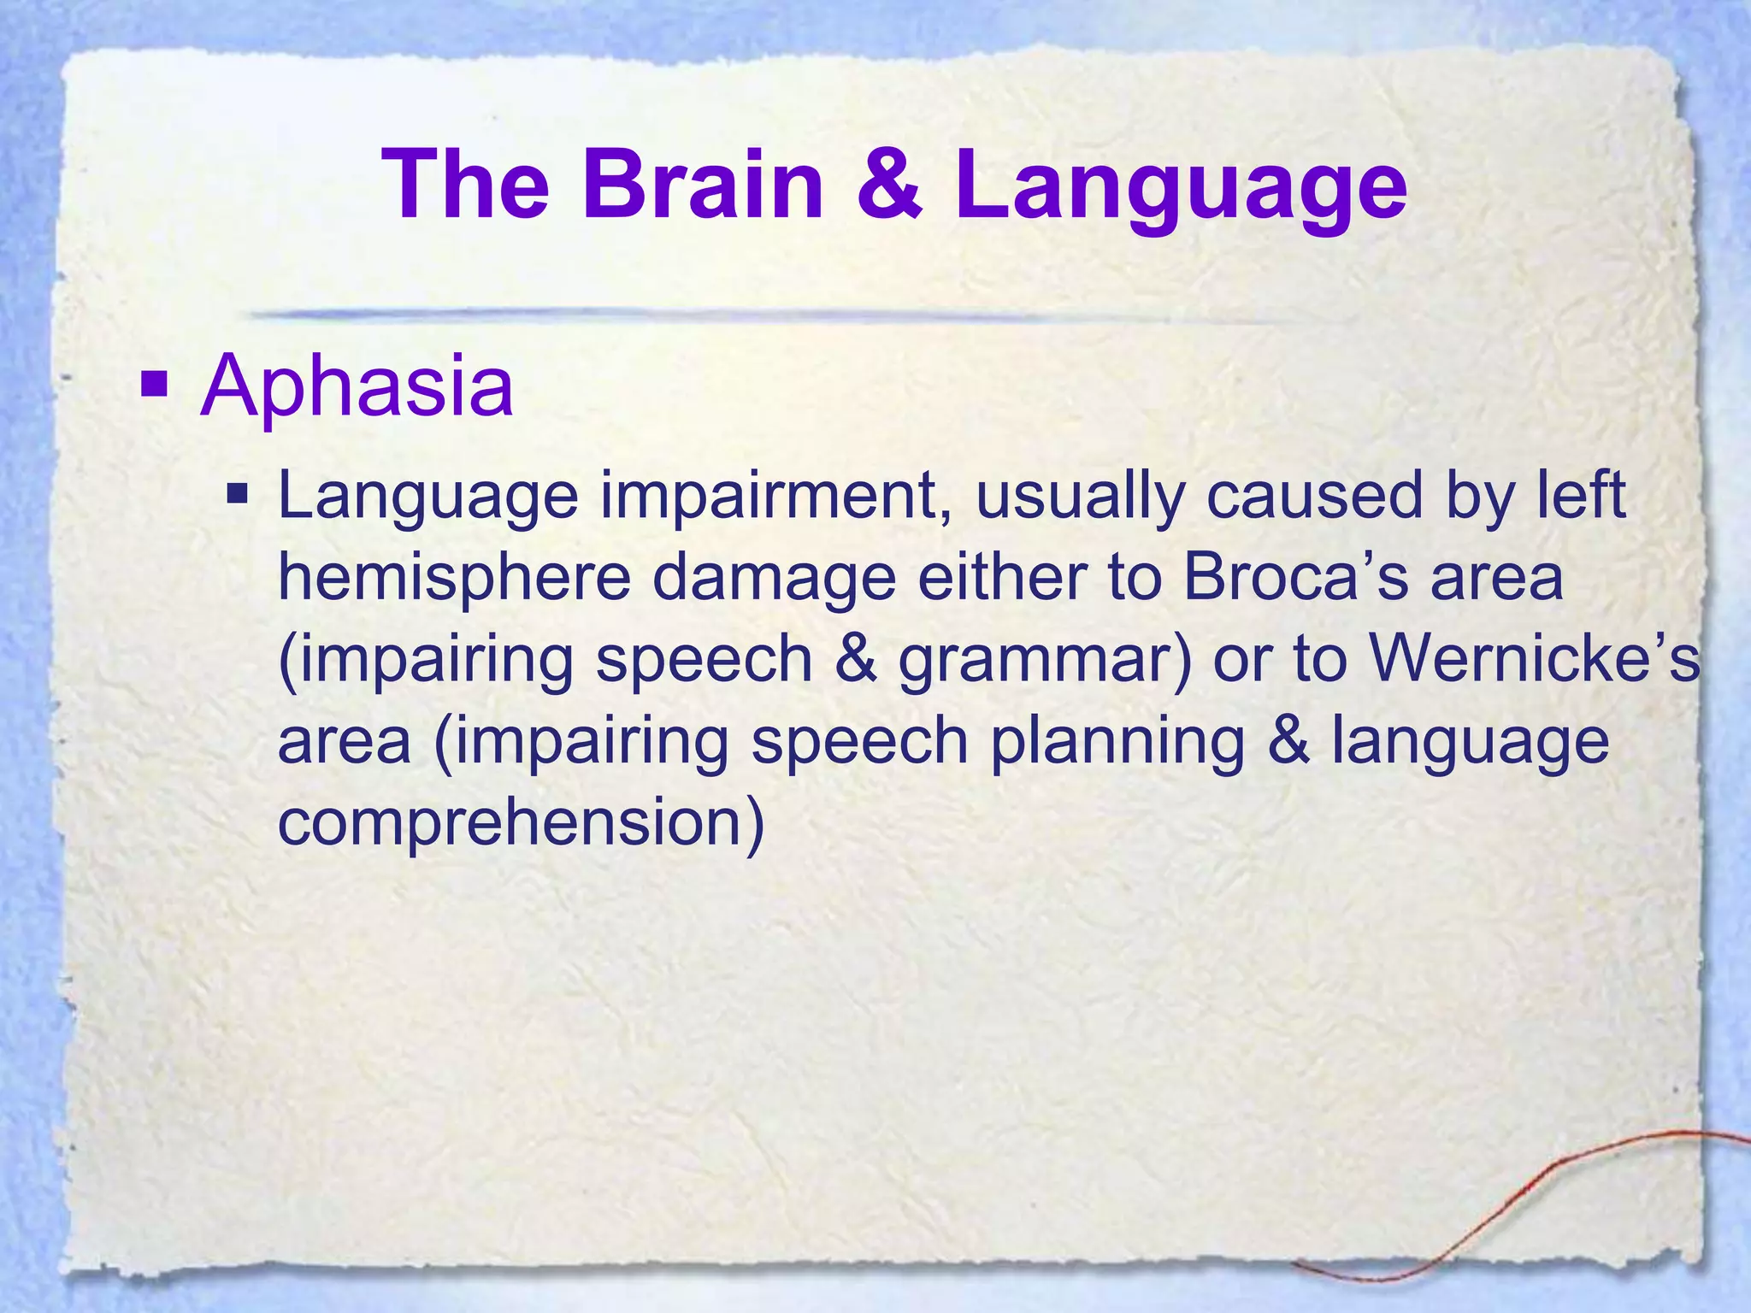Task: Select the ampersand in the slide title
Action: tap(889, 185)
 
